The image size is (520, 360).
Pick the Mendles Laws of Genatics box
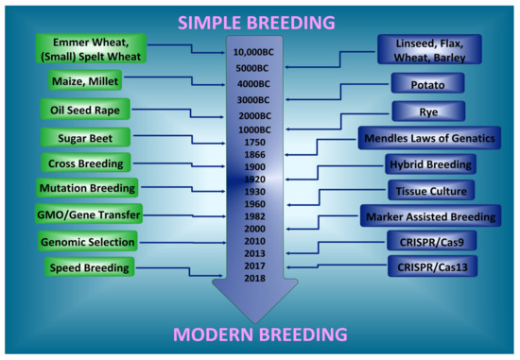coord(428,139)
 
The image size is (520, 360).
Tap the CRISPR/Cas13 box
coord(429,267)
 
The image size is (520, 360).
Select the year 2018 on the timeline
coord(255,278)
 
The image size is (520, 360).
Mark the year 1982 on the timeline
coord(255,215)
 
